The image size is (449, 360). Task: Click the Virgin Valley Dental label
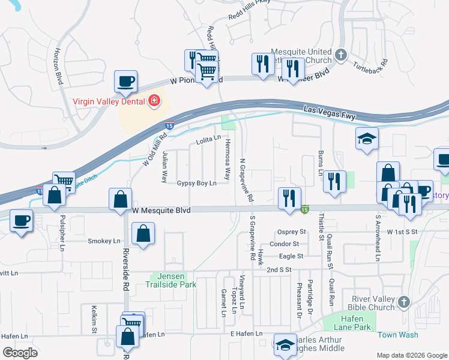pyautogui.click(x=109, y=101)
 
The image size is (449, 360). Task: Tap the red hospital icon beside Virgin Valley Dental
pyautogui.click(x=154, y=101)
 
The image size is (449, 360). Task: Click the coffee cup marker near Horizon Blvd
pyautogui.click(x=126, y=82)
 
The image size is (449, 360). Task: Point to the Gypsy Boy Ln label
pyautogui.click(x=196, y=183)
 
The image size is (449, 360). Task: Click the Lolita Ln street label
pyautogui.click(x=209, y=142)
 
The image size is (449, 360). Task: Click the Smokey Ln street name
pyautogui.click(x=104, y=241)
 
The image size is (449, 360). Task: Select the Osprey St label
pyautogui.click(x=292, y=232)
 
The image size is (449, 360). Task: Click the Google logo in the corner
pyautogui.click(x=20, y=353)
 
